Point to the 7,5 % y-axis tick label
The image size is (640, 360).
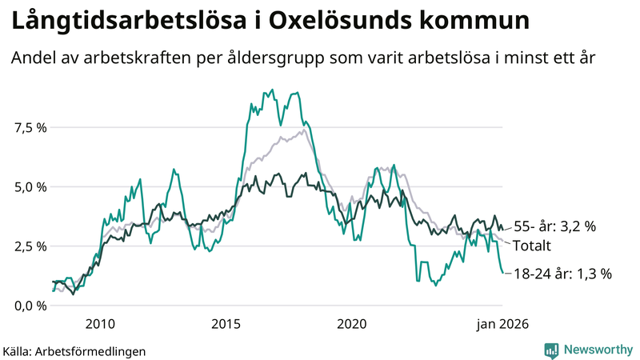click(30, 127)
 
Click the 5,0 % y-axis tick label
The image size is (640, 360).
click(30, 186)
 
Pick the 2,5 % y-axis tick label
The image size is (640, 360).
click(30, 246)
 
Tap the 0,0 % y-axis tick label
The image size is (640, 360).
click(30, 305)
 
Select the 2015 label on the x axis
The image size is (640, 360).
click(226, 324)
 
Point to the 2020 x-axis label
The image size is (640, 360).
click(352, 324)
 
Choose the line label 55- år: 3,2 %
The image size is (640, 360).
click(554, 226)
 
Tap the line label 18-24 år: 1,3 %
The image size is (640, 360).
click(562, 274)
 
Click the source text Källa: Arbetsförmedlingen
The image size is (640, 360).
click(74, 350)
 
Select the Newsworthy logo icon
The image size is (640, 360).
click(551, 350)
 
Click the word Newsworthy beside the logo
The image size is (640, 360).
click(598, 350)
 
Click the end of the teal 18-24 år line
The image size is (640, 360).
click(502, 274)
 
